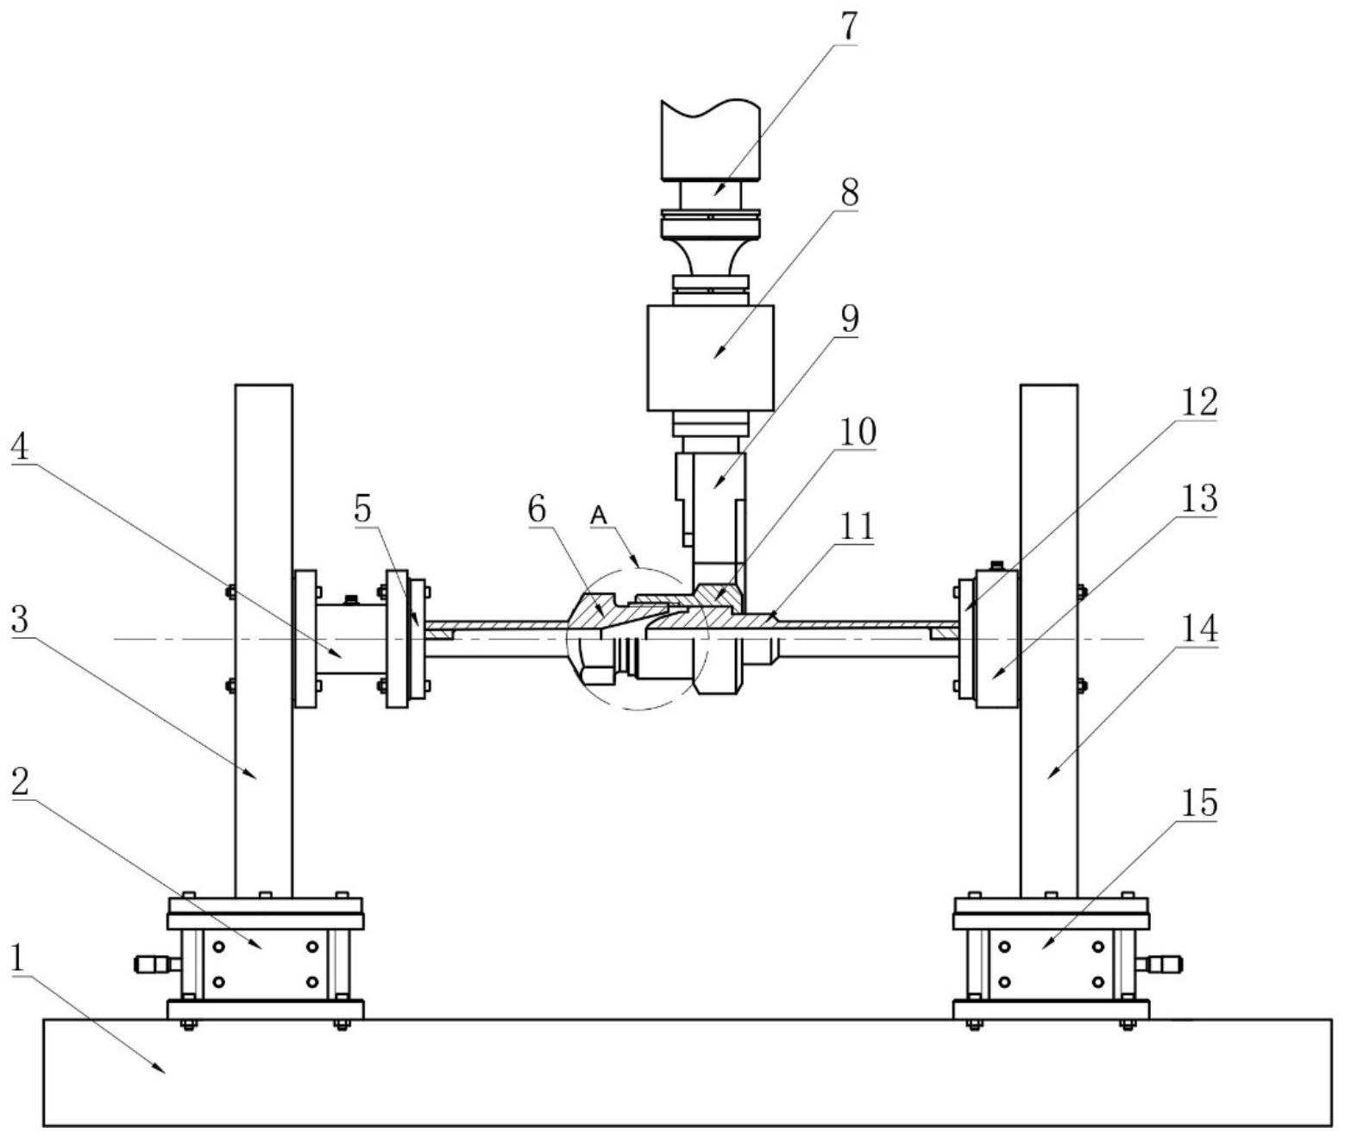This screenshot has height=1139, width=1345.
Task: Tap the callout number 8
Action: [847, 192]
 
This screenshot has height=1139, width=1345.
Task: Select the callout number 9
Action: [847, 318]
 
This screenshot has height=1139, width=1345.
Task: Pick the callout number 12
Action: [1197, 402]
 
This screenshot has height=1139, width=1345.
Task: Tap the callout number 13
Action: [1197, 499]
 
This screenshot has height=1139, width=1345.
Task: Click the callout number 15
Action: [1197, 802]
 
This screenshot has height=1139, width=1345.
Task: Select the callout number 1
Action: [20, 959]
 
